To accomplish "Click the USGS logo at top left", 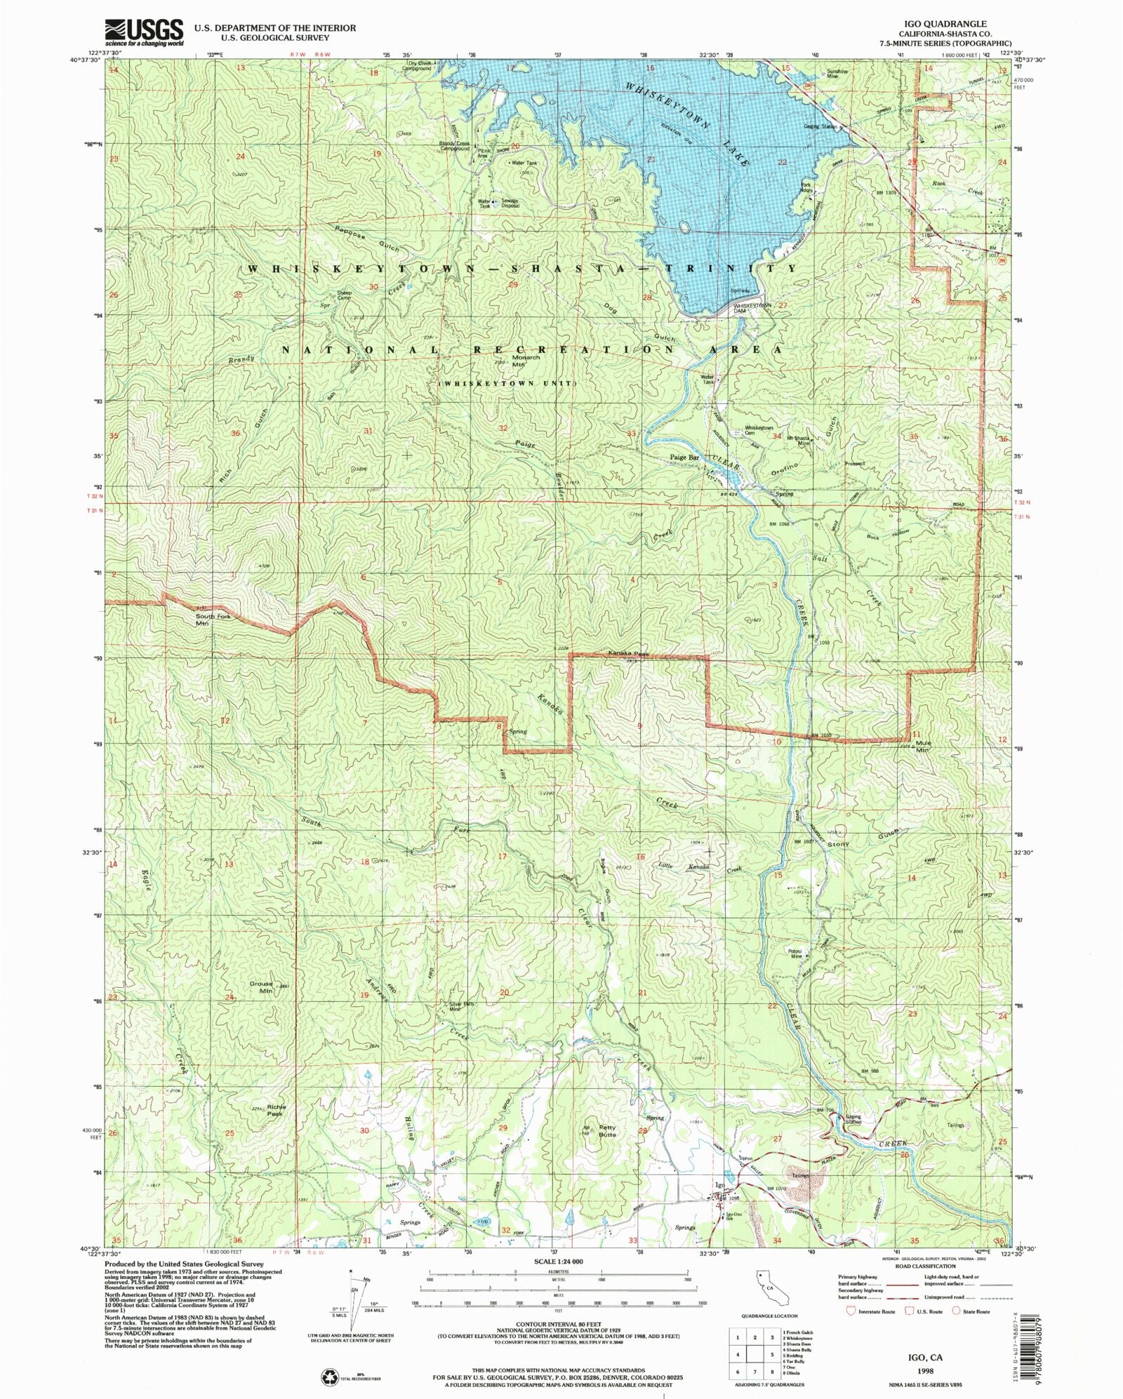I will click(x=144, y=32).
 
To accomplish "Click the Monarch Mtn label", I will click(x=525, y=361).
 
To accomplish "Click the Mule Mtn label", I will click(x=922, y=746).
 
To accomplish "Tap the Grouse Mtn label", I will click(x=260, y=987).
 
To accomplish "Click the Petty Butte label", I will click(x=607, y=1130).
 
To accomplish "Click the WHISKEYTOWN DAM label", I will click(x=752, y=306).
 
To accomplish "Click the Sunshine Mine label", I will click(x=837, y=74).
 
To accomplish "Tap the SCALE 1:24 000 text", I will click(x=558, y=1261).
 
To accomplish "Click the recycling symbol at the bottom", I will click(x=330, y=1377).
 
